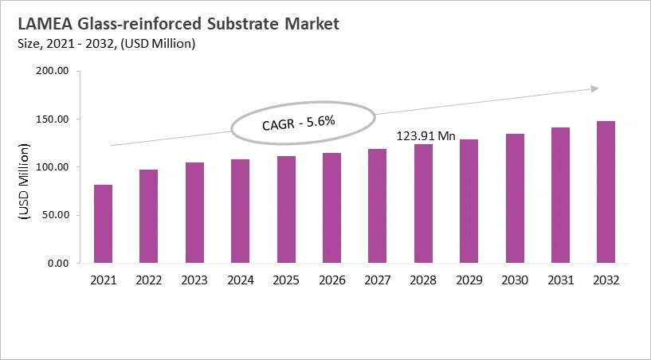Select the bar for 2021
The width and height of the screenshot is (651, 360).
pyautogui.click(x=103, y=224)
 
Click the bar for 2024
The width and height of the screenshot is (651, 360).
pyautogui.click(x=240, y=211)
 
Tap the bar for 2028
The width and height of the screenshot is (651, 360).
pyautogui.click(x=423, y=203)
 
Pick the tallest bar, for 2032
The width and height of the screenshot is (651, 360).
pyautogui.click(x=606, y=192)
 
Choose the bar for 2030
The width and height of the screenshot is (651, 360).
pyautogui.click(x=515, y=198)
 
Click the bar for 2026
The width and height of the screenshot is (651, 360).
pyautogui.click(x=331, y=208)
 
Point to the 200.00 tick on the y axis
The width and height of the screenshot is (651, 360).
pyautogui.click(x=53, y=72)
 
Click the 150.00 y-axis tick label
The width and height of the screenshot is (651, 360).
pyautogui.click(x=53, y=119)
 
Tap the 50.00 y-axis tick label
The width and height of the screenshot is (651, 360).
pyautogui.click(x=56, y=215)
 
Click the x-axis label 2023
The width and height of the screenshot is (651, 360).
pyautogui.click(x=194, y=280)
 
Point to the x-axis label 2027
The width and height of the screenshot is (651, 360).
pyautogui.click(x=378, y=280)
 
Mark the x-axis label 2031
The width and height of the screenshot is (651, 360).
pyautogui.click(x=560, y=280)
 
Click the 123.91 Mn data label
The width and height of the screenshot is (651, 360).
pyautogui.click(x=426, y=136)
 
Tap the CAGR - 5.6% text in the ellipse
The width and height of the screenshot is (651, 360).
pyautogui.click(x=298, y=123)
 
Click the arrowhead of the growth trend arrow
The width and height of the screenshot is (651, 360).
pyautogui.click(x=594, y=88)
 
